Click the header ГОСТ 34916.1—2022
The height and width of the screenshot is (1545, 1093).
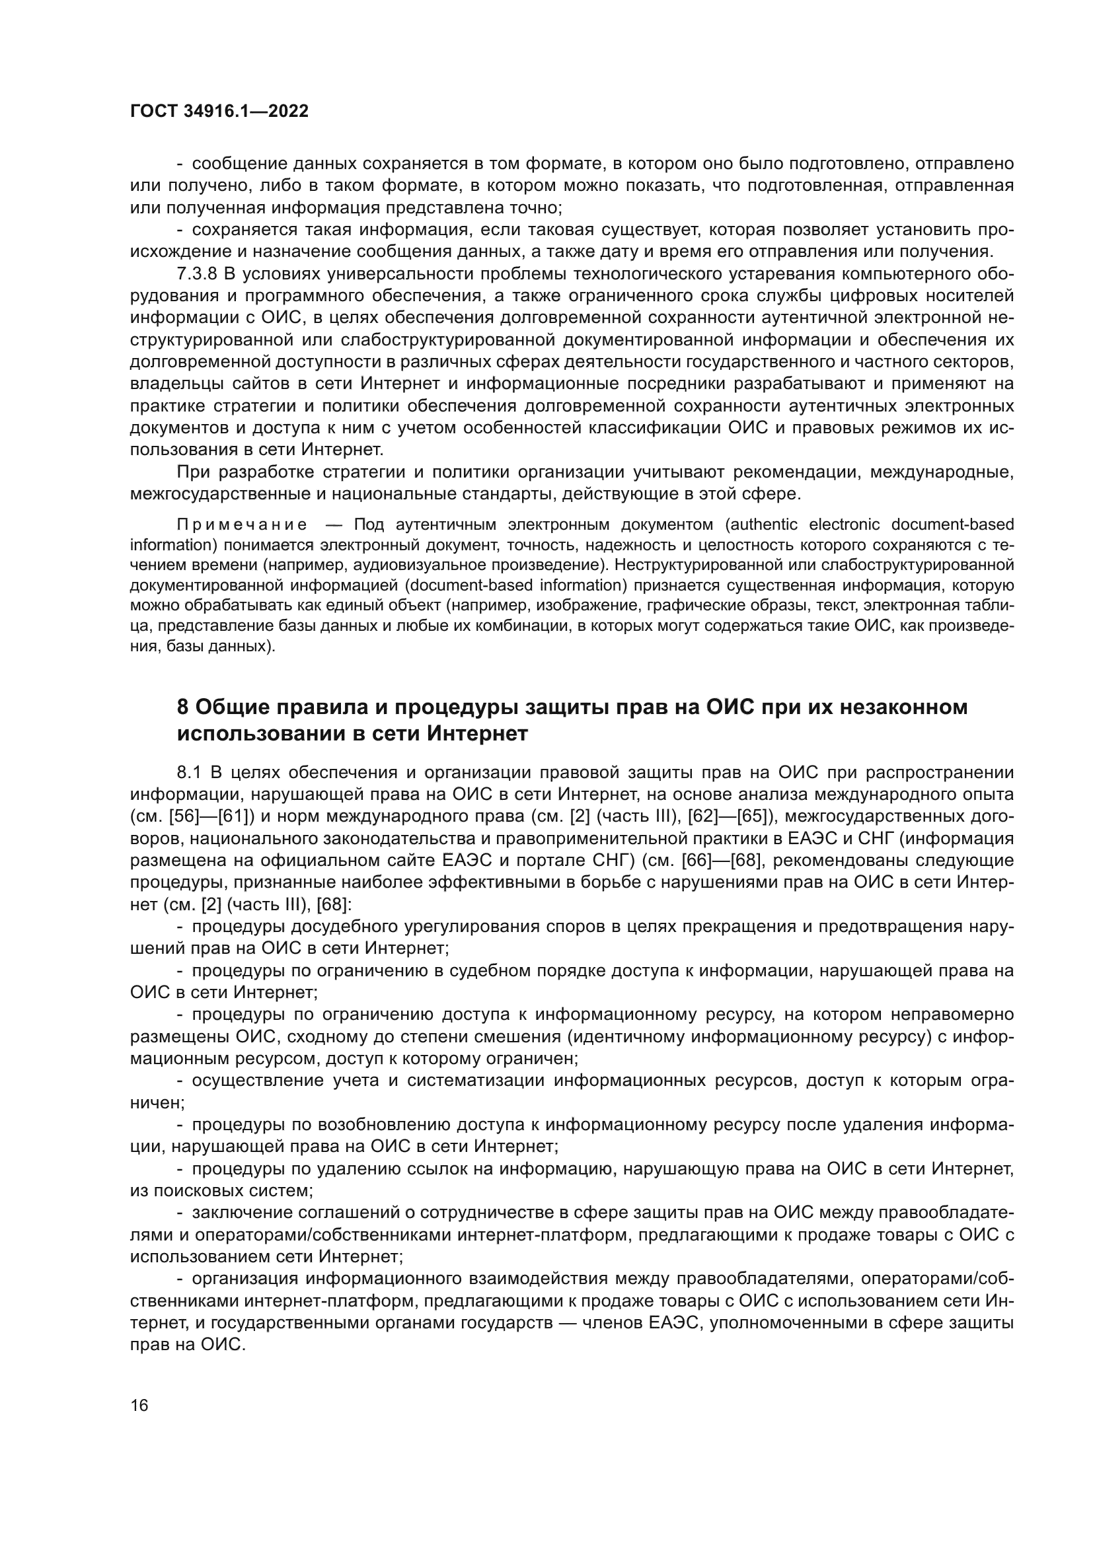tap(219, 112)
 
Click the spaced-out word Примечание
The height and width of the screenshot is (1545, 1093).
tap(243, 525)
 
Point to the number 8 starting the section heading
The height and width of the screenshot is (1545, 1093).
tap(182, 707)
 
